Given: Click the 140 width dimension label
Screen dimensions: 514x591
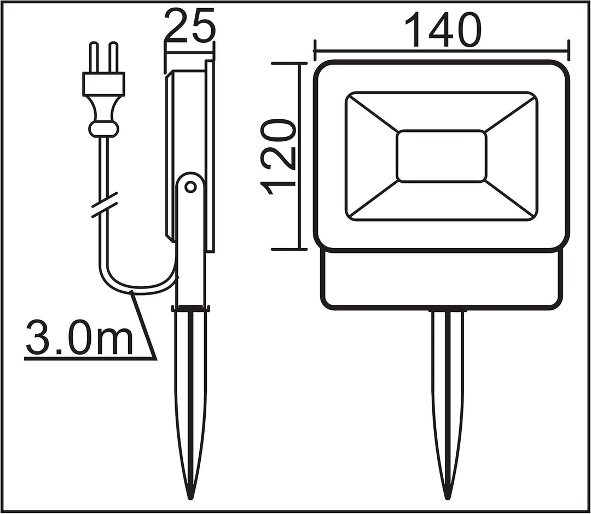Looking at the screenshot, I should tap(443, 30).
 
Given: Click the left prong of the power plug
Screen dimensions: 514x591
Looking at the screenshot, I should tap(93, 57).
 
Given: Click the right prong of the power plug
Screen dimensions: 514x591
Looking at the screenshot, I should tap(113, 57).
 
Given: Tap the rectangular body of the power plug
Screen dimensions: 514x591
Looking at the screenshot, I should tap(103, 84).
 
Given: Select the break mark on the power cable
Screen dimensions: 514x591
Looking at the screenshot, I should tap(105, 205).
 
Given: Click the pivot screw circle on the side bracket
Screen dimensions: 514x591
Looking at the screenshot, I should tap(190, 187).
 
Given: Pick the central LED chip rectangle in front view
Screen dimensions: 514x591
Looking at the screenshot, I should tap(441, 156).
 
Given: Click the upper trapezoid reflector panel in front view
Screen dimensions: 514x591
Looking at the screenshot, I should tap(441, 112).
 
